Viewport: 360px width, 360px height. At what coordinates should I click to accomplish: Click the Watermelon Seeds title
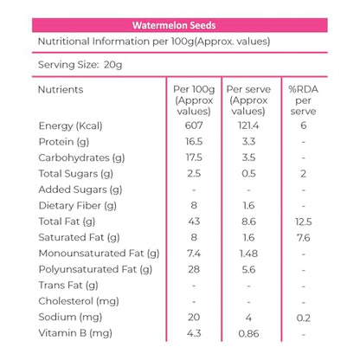point(174,25)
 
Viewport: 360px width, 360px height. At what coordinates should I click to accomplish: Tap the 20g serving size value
point(112,65)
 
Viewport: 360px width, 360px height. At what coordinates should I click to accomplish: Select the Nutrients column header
point(61,89)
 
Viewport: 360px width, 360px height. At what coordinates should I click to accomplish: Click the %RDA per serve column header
point(303,100)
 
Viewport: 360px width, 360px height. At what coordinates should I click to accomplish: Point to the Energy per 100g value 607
point(194,125)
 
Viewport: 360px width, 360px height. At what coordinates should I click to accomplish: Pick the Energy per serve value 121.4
point(248,125)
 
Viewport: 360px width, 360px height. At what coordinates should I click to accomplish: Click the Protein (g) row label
point(64,142)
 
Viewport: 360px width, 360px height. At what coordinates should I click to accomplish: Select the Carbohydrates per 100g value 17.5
point(194,157)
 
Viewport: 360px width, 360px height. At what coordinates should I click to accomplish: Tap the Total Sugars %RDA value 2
point(303,174)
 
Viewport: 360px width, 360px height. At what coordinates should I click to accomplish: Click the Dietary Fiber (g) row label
point(78,206)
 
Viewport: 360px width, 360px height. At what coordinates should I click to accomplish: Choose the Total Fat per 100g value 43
point(194,222)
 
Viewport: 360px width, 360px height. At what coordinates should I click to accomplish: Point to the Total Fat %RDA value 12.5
point(303,222)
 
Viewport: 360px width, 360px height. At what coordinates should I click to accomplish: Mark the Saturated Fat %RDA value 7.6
point(303,238)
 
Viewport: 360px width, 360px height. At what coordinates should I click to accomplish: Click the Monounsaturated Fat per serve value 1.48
point(248,254)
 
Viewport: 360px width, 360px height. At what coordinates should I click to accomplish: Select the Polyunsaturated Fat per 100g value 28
point(194,269)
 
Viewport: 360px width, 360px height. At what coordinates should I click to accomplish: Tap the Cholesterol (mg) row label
point(79,301)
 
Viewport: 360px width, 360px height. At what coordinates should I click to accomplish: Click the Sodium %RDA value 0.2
point(304,318)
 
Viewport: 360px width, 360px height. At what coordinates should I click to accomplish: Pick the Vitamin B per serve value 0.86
point(248,334)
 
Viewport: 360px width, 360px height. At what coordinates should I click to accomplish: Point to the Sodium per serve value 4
point(248,318)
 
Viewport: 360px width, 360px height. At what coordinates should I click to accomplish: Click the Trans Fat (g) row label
point(68,286)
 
